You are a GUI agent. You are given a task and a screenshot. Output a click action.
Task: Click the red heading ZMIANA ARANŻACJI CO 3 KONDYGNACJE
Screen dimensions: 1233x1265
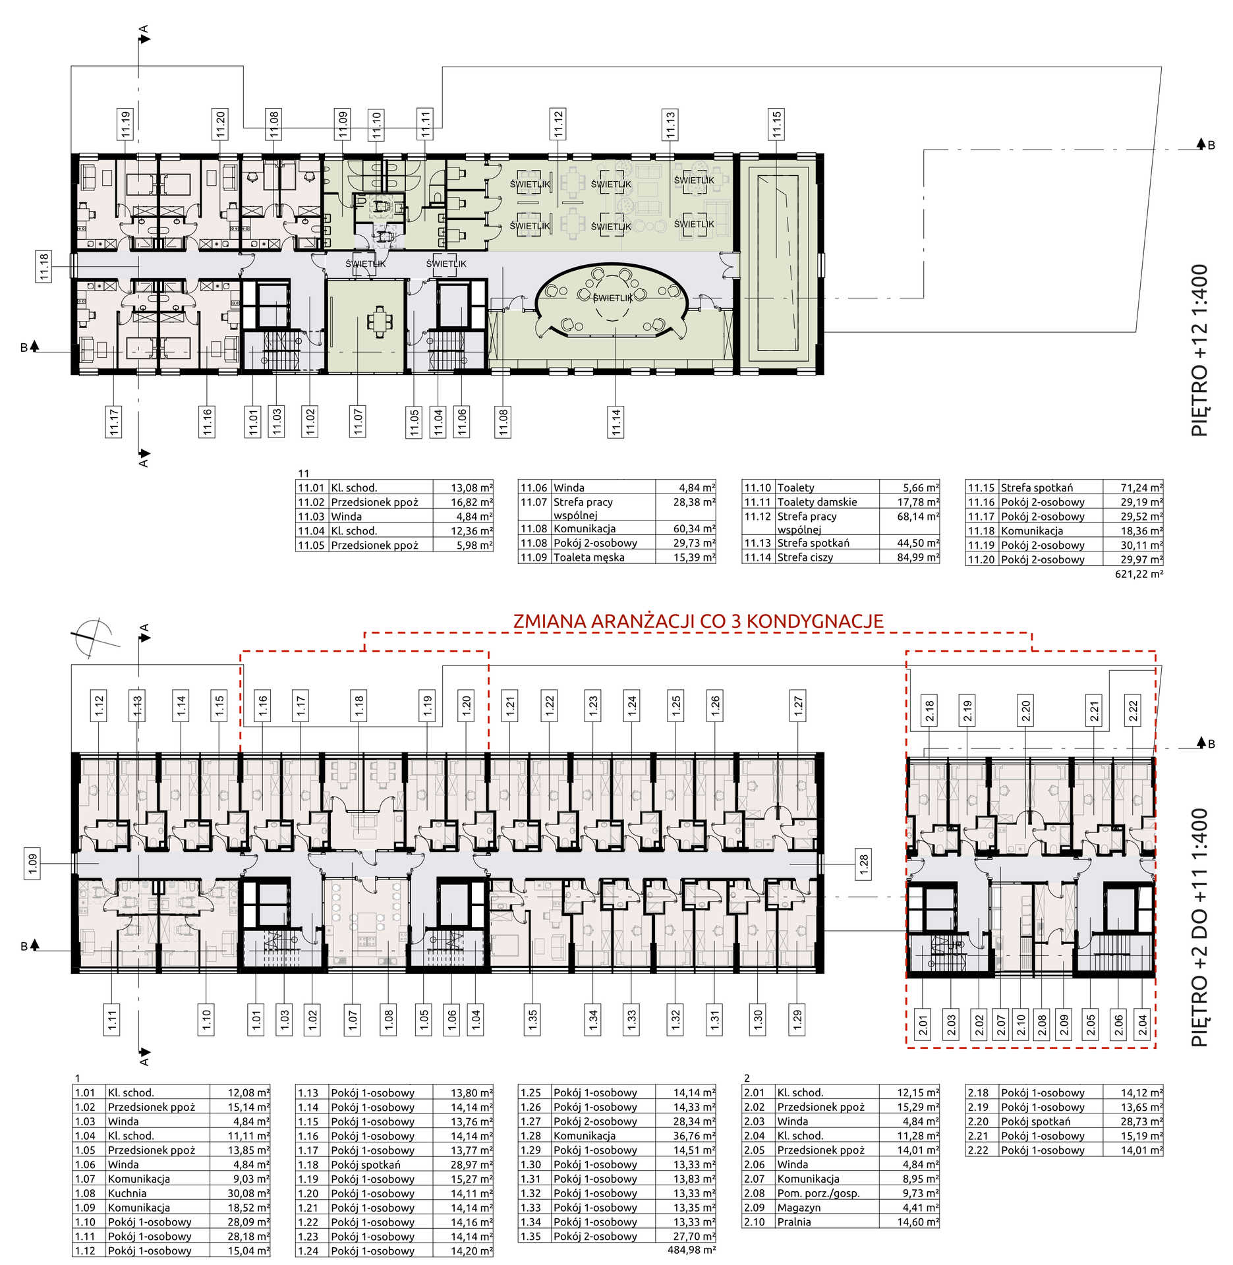point(698,621)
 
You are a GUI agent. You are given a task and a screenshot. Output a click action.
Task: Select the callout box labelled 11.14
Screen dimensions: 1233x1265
point(616,421)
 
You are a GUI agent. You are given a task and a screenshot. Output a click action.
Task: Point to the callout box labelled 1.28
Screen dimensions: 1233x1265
point(863,864)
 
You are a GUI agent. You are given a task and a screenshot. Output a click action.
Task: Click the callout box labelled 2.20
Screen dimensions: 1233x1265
point(1025,710)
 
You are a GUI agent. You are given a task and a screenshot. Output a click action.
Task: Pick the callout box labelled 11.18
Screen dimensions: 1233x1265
point(43,266)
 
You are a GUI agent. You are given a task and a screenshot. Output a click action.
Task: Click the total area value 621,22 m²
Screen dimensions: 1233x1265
point(1139,574)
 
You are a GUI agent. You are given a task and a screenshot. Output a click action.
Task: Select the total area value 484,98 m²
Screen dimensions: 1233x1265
point(691,1249)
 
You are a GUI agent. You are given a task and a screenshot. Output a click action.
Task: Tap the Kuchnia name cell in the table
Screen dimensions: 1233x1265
point(127,1193)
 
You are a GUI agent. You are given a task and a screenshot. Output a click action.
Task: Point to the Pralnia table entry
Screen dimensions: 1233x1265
point(794,1222)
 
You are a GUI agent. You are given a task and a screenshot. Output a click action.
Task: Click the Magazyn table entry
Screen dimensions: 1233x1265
point(799,1208)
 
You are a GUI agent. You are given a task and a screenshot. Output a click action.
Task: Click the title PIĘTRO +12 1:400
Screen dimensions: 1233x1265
point(1199,350)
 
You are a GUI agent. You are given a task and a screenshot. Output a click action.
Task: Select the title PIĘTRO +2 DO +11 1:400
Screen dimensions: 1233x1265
point(1199,928)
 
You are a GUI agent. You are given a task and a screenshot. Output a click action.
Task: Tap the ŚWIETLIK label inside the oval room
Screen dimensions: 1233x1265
point(612,298)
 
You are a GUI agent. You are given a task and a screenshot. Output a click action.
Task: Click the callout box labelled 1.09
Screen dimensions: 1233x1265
point(32,864)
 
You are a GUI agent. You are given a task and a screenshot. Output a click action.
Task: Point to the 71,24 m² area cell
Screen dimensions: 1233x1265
point(1141,488)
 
